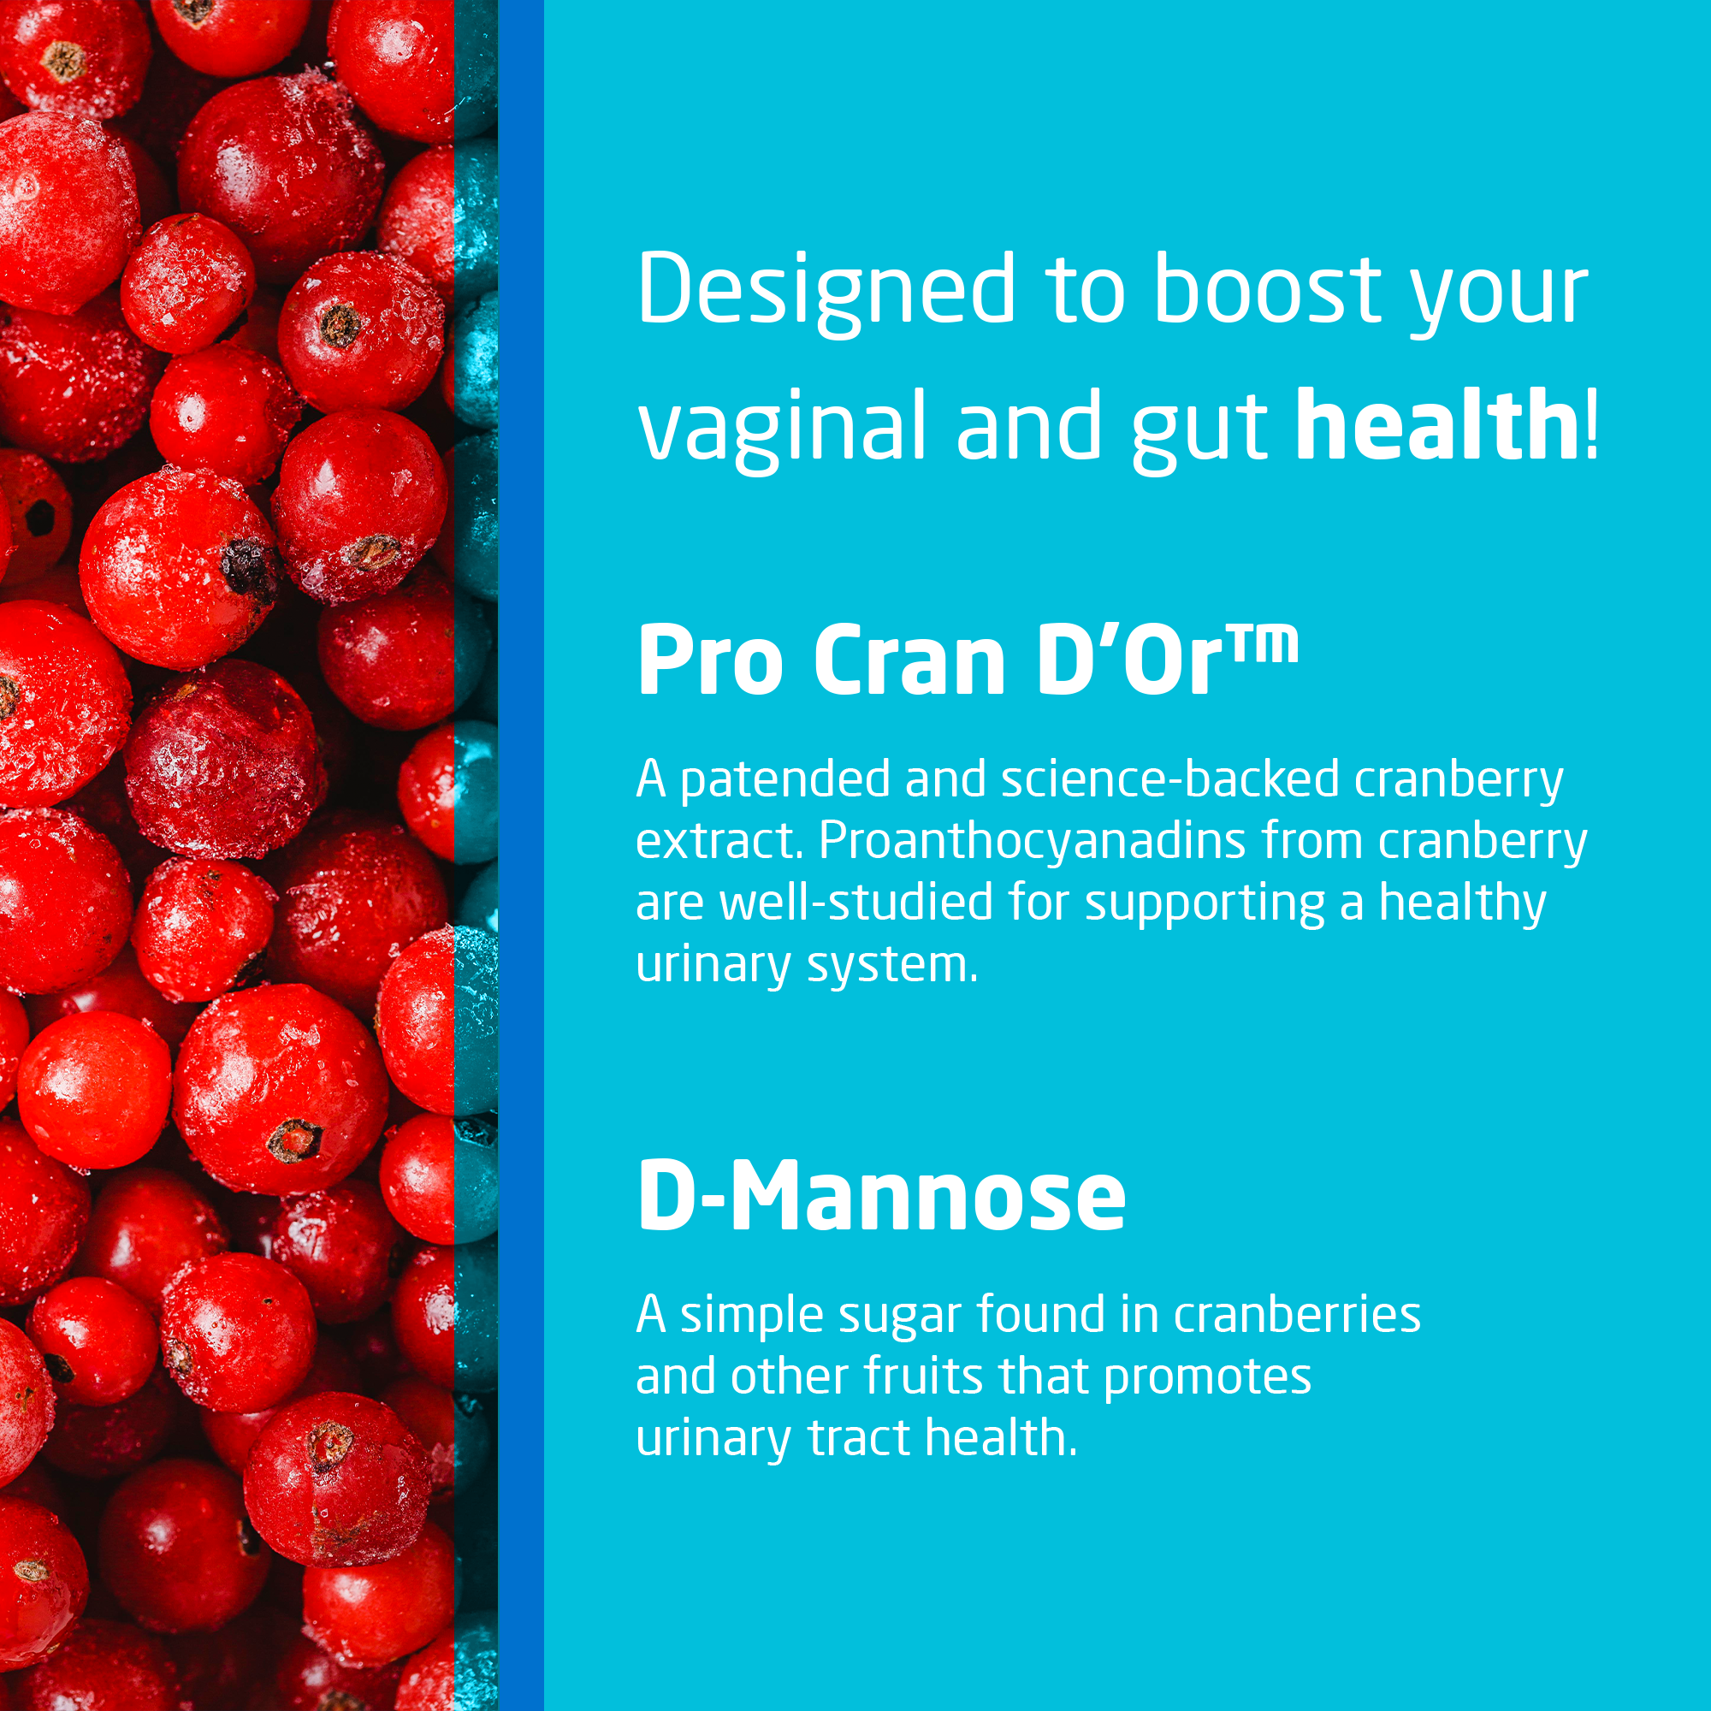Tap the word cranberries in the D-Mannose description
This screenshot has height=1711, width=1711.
pyautogui.click(x=1297, y=1314)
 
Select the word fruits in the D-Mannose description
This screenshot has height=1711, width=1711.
pyautogui.click(x=923, y=1376)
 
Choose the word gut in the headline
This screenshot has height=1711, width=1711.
pyautogui.click(x=1201, y=432)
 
